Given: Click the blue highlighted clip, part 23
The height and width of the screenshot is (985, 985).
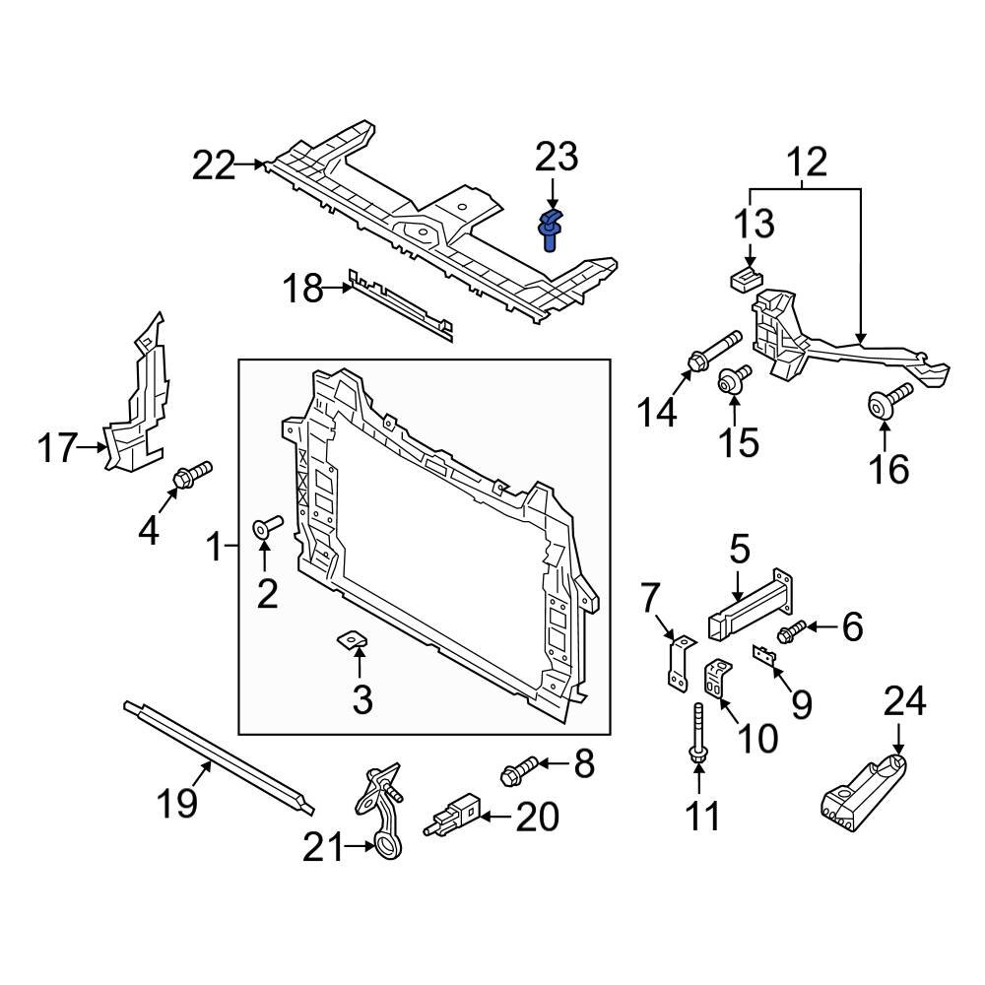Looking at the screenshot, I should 550,230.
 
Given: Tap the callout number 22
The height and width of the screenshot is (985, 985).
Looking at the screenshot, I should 214,165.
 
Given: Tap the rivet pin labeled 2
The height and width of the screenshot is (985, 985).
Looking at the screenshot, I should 268,527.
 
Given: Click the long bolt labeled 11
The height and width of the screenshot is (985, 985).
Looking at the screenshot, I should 697,734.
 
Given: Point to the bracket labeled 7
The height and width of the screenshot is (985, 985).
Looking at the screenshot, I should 676,660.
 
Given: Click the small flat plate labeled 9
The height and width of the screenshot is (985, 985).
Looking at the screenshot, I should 763,655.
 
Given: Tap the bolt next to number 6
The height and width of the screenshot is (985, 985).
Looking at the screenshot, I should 793,631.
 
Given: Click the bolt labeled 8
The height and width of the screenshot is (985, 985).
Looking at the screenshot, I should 520,770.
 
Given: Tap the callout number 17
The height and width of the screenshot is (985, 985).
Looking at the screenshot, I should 58,449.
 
